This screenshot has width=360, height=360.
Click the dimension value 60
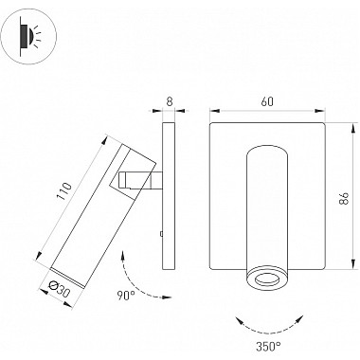pyautogui.click(x=267, y=101)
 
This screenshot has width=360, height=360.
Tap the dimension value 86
pyautogui.click(x=345, y=197)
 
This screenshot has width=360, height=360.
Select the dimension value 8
pyautogui.click(x=170, y=101)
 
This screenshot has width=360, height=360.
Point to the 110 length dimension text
pyautogui.click(x=63, y=190)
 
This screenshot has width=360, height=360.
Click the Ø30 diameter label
pyautogui.click(x=59, y=289)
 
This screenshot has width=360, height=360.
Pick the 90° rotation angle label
pyautogui.click(x=126, y=296)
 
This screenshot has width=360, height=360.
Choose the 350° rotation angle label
pyautogui.click(x=268, y=347)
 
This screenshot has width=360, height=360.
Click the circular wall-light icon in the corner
pyautogui.click(x=28, y=37)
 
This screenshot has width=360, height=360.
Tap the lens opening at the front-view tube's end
pyautogui.click(x=267, y=279)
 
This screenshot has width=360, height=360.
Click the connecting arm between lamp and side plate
pyautogui.click(x=140, y=181)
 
